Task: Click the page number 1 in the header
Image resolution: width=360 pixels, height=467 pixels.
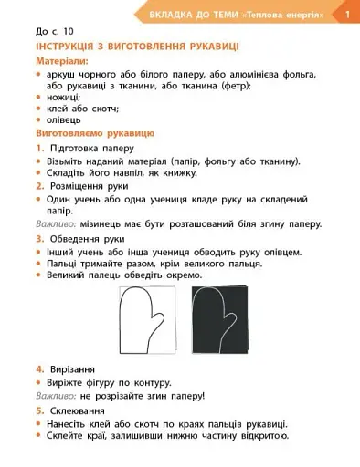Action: [347, 14]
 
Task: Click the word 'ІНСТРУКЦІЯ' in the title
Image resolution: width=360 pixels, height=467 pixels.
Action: [69, 45]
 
